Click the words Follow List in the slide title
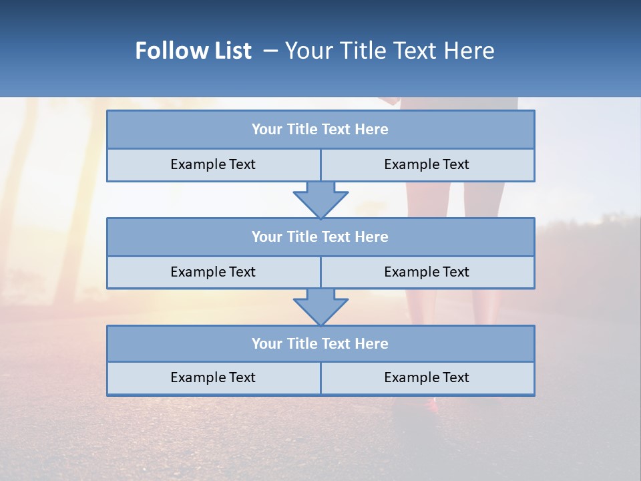193,51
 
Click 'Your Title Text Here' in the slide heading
389,51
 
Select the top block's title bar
320,130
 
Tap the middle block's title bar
320,236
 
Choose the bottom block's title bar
320,343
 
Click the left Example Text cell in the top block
213,164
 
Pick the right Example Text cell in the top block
427,164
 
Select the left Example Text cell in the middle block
213,272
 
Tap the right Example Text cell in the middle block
427,272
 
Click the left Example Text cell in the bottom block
213,377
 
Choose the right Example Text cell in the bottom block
427,377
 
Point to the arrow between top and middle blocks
320,199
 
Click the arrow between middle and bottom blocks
320,307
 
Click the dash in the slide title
270,51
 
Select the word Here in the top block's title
372,130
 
